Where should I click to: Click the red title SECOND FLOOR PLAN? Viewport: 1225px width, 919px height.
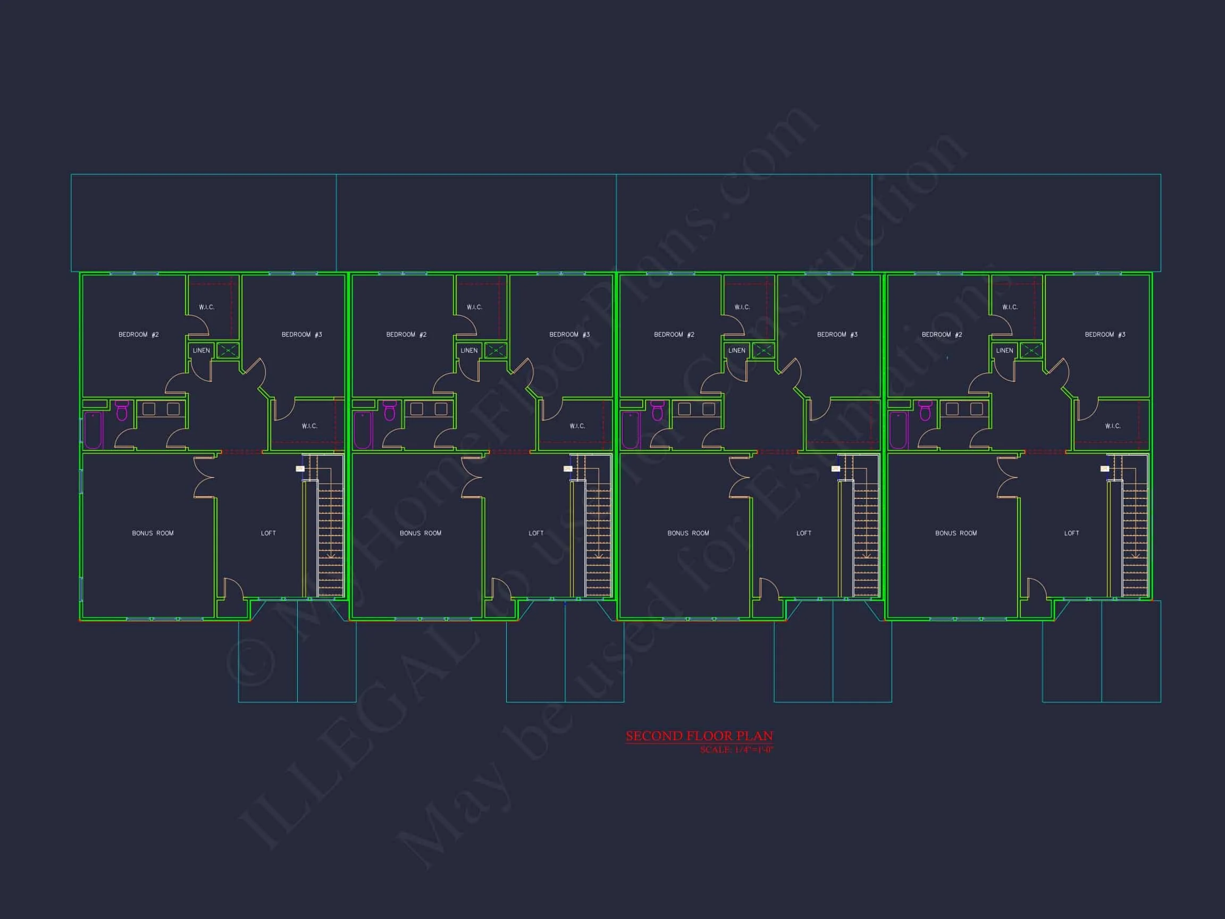(x=699, y=736)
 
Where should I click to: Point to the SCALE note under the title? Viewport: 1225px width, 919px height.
(x=736, y=750)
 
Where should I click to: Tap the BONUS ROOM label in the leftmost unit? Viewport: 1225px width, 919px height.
(x=153, y=533)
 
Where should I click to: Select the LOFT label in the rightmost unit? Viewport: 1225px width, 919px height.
(x=1071, y=533)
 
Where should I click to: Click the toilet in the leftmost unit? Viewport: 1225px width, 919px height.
(x=122, y=411)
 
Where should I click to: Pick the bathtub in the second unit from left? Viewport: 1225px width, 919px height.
(x=363, y=430)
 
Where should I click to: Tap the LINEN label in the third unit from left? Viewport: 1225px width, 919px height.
(x=736, y=350)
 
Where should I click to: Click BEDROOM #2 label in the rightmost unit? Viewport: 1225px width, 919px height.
(x=942, y=335)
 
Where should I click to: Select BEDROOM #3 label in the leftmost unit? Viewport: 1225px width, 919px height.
(x=302, y=335)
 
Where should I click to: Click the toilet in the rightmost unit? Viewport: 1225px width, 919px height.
(x=925, y=411)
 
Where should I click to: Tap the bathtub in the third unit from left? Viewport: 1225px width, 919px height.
(x=631, y=430)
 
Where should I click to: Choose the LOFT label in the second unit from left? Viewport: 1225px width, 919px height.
(x=536, y=533)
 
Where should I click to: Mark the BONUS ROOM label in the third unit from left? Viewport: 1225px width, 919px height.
(x=689, y=533)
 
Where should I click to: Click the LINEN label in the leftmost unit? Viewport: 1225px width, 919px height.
(x=201, y=350)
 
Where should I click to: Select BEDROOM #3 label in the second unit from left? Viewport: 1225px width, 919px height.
(x=569, y=335)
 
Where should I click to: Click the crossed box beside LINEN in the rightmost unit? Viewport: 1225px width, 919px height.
(x=1031, y=350)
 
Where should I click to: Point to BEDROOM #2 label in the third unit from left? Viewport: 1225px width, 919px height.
(x=674, y=335)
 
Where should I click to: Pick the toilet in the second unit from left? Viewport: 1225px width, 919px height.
(x=390, y=411)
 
